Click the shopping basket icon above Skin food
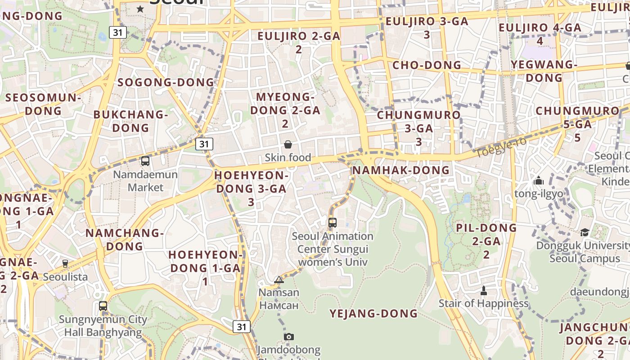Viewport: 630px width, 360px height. (288, 144)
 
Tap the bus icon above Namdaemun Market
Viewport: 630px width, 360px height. (145, 161)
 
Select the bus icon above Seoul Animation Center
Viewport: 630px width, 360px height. (333, 222)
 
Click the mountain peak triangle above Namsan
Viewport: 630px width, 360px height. (279, 280)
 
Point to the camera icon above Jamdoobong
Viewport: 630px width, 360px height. (289, 337)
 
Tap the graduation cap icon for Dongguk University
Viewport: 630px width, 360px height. (585, 232)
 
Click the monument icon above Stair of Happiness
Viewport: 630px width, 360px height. (484, 290)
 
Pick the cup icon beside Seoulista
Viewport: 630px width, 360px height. (65, 263)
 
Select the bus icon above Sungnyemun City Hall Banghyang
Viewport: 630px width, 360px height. (103, 306)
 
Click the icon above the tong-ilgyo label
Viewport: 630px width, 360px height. (539, 181)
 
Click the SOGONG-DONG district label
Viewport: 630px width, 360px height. (166, 82)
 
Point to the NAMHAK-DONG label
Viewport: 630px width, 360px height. (401, 170)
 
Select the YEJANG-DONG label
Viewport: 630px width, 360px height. (373, 313)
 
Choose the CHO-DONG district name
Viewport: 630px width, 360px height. (427, 65)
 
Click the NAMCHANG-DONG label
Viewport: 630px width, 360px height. (125, 239)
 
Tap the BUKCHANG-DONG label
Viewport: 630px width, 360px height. (130, 121)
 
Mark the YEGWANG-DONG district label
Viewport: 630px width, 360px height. (544, 71)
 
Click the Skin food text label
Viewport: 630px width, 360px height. (288, 157)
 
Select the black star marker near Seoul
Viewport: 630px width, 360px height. (140, 9)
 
